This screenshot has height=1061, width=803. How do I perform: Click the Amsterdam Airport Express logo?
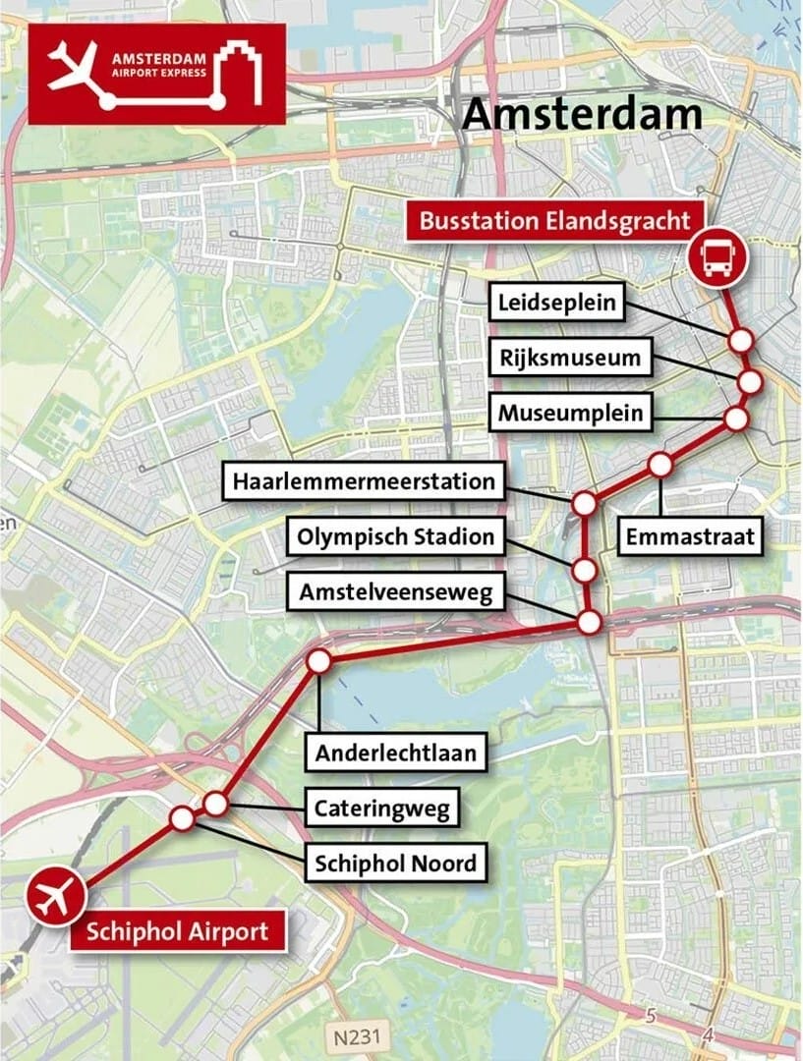click(x=156, y=74)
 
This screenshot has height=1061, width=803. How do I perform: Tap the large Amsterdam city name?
click(x=582, y=114)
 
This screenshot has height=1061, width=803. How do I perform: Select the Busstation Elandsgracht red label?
click(x=554, y=220)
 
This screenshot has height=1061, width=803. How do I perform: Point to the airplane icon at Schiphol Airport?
click(x=55, y=897)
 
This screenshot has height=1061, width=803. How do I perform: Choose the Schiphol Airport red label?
click(x=177, y=931)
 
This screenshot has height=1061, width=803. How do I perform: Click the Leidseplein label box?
click(x=556, y=302)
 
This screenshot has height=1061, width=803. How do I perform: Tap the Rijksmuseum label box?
click(x=569, y=358)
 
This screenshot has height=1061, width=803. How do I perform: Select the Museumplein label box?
click(x=570, y=413)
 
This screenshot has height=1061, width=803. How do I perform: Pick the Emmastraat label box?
click(x=690, y=536)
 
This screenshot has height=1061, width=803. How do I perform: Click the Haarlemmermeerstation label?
click(x=363, y=482)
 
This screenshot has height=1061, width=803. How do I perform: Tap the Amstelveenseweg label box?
click(x=396, y=592)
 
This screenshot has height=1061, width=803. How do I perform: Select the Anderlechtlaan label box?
click(x=396, y=754)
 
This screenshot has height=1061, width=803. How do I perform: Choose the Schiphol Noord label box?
click(x=395, y=864)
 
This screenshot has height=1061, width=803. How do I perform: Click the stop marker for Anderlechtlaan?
click(x=318, y=661)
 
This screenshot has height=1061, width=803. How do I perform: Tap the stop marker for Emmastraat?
click(x=660, y=464)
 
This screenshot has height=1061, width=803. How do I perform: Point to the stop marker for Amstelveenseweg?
click(x=588, y=621)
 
